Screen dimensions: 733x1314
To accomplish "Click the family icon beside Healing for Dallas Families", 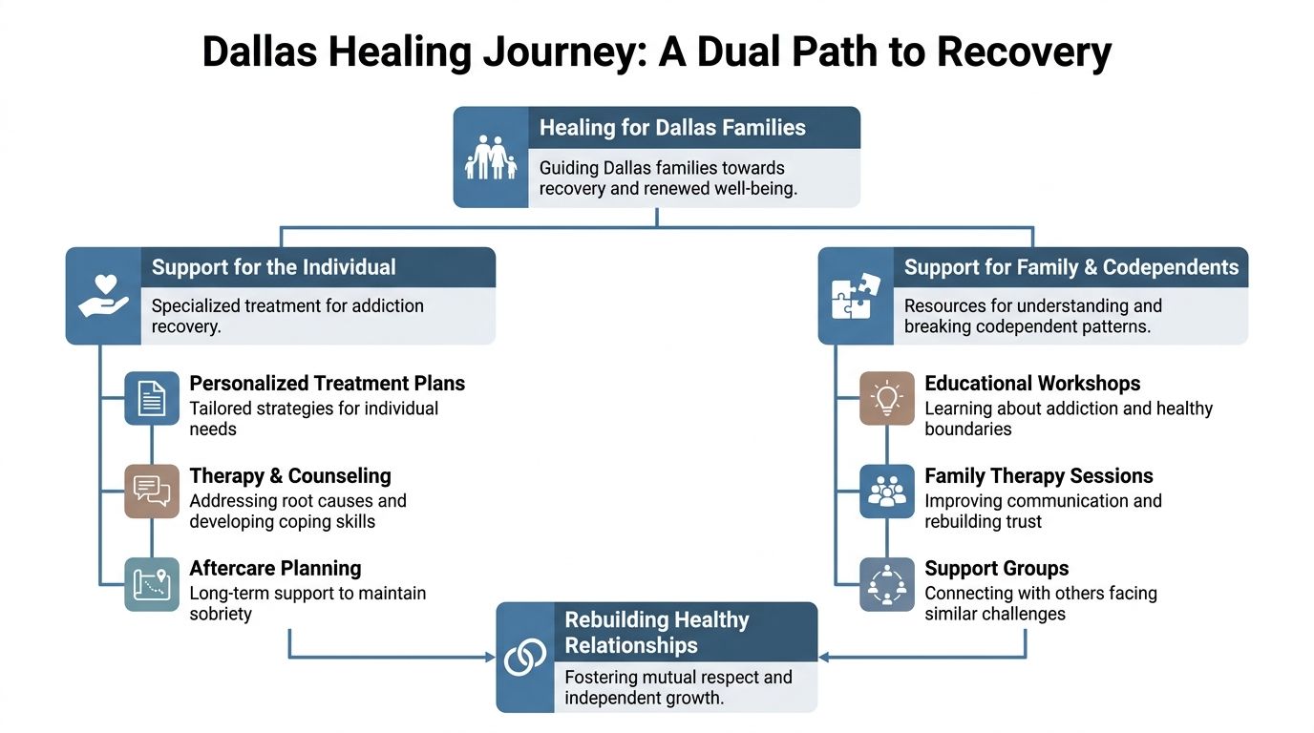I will pos(491,157).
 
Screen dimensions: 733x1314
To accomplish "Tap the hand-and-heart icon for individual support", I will pos(103,296).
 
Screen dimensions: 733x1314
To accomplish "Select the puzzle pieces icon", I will pos(856,296).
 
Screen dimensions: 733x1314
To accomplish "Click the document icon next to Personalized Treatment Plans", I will pos(152,398).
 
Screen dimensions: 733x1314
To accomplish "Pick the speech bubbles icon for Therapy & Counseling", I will pos(152,491).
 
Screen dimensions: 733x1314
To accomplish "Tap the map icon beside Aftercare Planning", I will pos(152,584).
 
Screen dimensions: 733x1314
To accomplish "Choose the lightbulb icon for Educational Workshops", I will pos(887,398).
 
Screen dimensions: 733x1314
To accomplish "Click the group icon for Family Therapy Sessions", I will pos(887,491).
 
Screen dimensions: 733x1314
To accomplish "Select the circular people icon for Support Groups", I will pos(887,584).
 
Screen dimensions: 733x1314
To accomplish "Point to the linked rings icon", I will pos(525,657).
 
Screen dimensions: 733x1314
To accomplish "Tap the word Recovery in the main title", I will pos(1024,52).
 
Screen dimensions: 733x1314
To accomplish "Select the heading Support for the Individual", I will pos(273,267).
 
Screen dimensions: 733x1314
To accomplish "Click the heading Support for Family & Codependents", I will pos(1070,267).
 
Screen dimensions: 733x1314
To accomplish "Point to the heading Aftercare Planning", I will pos(275,568).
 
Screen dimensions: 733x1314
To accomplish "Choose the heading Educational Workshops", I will pos(1032,383).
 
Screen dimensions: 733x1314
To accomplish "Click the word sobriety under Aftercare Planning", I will pos(221,614).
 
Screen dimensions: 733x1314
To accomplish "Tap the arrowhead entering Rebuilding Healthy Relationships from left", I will pos(490,657).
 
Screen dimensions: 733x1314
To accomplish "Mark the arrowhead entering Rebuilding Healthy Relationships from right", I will pos(824,657).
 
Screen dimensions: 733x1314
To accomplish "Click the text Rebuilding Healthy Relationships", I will pos(657,632).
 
